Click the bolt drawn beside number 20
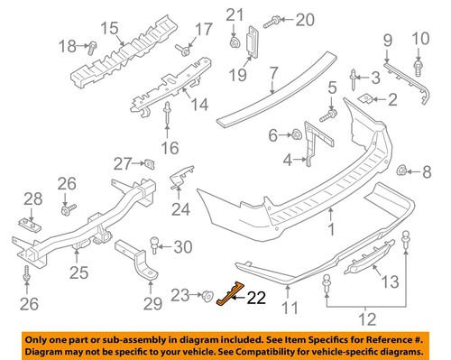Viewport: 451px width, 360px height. pos(269,19)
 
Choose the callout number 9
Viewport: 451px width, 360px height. pos(387,41)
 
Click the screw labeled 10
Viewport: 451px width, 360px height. pos(418,67)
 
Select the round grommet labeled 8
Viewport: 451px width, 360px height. pos(402,170)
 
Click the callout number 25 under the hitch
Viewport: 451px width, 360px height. pos(80,271)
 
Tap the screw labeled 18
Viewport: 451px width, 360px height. pos(93,46)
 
